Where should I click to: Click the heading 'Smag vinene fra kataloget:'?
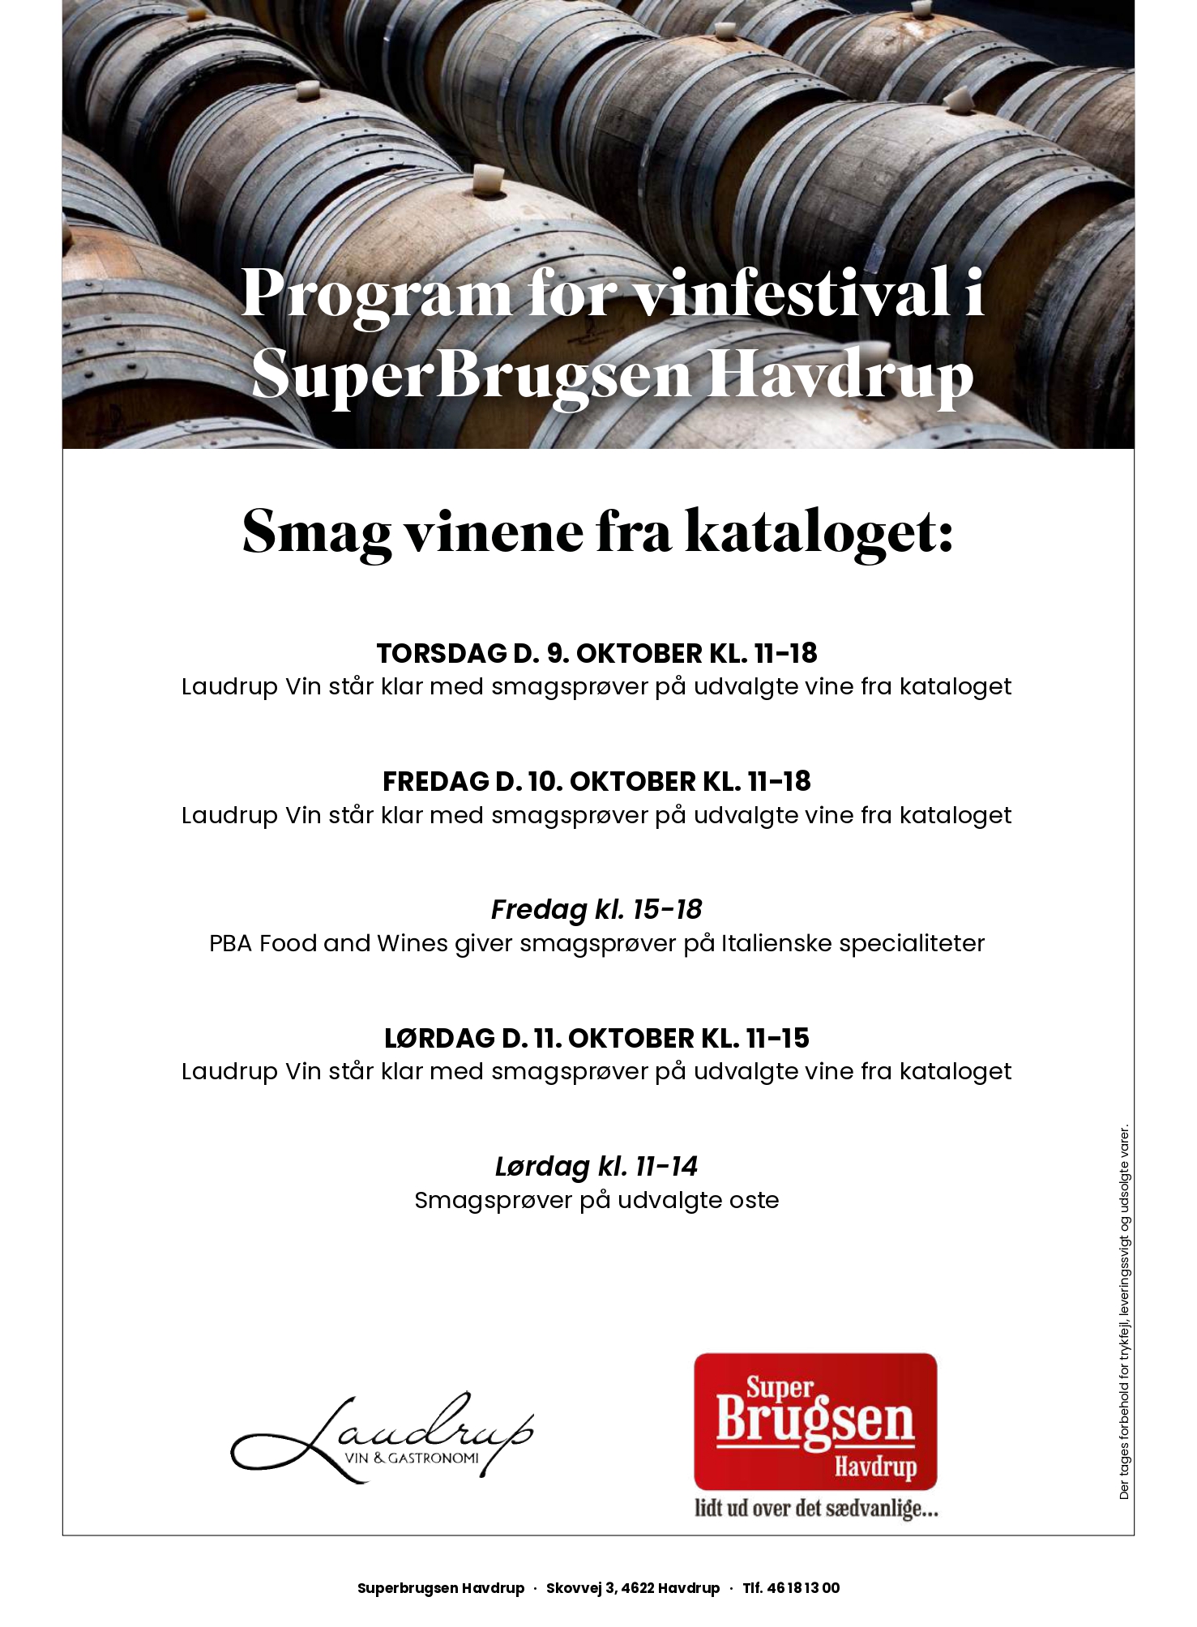[597, 532]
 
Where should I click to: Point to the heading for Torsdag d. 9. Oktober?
[596, 653]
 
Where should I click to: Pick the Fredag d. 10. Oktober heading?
[596, 781]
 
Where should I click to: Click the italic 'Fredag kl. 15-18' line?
[596, 909]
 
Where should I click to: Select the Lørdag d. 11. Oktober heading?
[596, 1038]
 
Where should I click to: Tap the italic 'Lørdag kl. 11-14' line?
[596, 1166]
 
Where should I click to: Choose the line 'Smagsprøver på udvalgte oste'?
[596, 1200]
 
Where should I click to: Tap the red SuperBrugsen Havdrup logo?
[815, 1421]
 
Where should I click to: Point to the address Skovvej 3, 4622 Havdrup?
[632, 1588]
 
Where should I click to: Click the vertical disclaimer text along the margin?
[1124, 1313]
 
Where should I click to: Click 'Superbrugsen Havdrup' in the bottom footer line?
[441, 1588]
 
